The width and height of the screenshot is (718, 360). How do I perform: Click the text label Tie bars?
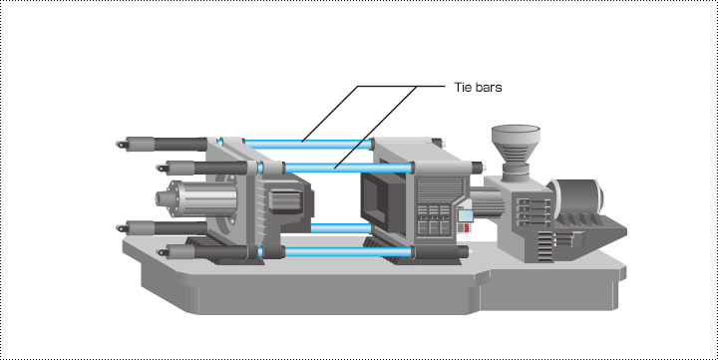(478, 87)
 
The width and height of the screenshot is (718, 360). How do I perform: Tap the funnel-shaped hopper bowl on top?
(516, 136)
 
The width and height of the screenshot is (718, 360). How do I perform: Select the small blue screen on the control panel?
(465, 215)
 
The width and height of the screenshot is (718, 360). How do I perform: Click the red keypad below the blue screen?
(466, 227)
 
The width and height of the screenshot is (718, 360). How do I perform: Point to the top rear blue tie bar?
(307, 145)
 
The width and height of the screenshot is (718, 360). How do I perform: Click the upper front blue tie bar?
(348, 168)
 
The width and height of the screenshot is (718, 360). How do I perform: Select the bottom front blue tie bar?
(348, 251)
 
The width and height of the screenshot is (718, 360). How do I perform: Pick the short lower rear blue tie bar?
(341, 228)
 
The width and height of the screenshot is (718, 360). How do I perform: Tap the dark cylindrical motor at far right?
(577, 196)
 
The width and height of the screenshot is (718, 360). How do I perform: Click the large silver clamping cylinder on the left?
(196, 197)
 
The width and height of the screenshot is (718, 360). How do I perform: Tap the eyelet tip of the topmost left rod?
(123, 145)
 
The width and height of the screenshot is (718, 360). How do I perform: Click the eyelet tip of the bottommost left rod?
(163, 251)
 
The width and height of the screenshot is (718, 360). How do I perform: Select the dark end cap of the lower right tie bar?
(463, 252)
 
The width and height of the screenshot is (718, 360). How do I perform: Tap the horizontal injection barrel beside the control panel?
(488, 202)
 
